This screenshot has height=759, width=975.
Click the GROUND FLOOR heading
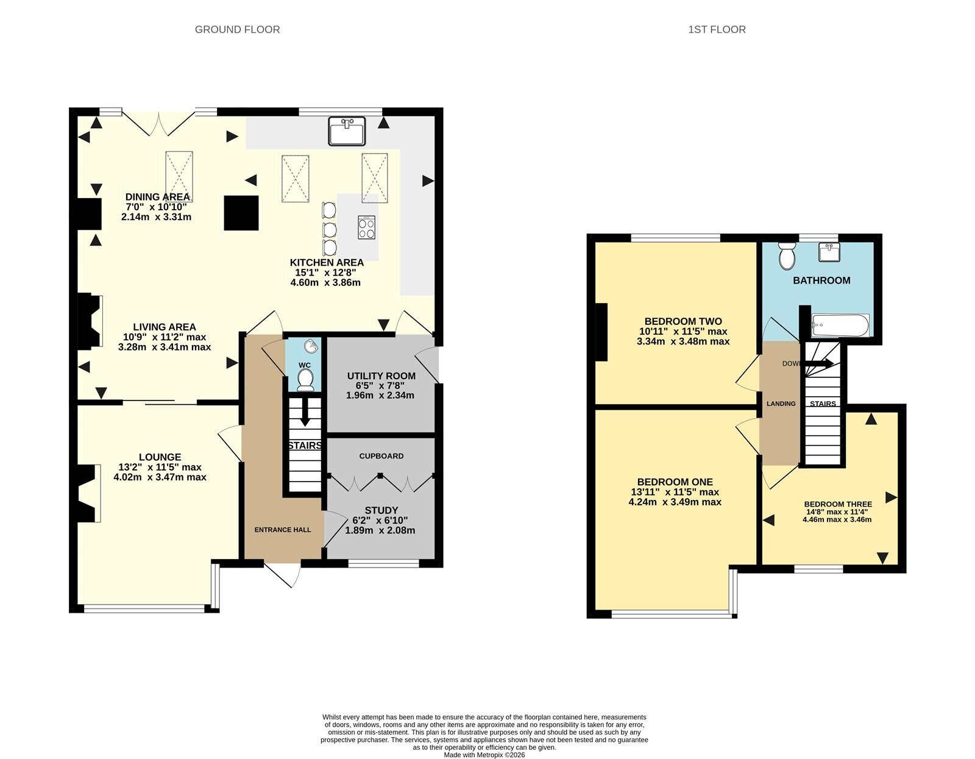pyautogui.click(x=237, y=30)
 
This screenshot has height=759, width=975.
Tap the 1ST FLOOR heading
pyautogui.click(x=717, y=30)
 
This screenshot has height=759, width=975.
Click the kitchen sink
pyautogui.click(x=346, y=131)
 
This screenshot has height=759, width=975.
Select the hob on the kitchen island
pyautogui.click(x=367, y=227)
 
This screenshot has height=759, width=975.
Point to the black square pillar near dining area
pyautogui.click(x=241, y=213)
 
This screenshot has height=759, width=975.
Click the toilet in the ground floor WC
pyautogui.click(x=305, y=379)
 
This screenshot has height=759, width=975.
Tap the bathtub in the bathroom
pyautogui.click(x=840, y=325)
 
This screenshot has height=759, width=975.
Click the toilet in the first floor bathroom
pyautogui.click(x=787, y=256)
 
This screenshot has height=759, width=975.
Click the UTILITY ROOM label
pyautogui.click(x=381, y=376)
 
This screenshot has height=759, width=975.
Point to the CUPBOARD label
pyautogui.click(x=381, y=456)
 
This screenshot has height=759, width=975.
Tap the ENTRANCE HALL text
pyautogui.click(x=283, y=530)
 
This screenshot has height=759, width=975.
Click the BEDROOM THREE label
pyautogui.click(x=838, y=504)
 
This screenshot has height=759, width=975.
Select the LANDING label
pyautogui.click(x=781, y=404)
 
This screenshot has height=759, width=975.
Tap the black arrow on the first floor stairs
pyautogui.click(x=820, y=363)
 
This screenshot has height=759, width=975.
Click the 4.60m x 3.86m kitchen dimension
pyautogui.click(x=326, y=282)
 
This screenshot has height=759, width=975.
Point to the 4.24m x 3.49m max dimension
pyautogui.click(x=675, y=502)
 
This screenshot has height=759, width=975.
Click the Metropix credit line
pyautogui.click(x=484, y=755)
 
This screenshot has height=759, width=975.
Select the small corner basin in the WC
pyautogui.click(x=311, y=346)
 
